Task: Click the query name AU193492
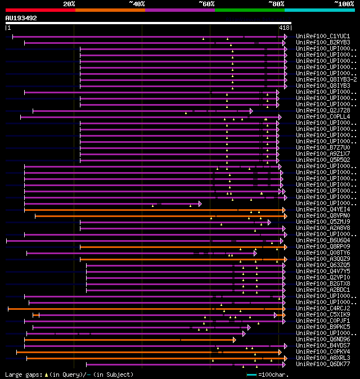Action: [x=21, y=18]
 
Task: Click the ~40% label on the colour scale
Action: [x=137, y=4]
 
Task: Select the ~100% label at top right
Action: [x=344, y=4]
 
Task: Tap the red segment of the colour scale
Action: [x=40, y=10]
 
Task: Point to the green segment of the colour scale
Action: [x=249, y=10]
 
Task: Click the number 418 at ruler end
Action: [x=284, y=28]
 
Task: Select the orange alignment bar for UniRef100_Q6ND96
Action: [x=129, y=340]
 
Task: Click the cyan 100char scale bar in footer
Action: [x=251, y=375]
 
